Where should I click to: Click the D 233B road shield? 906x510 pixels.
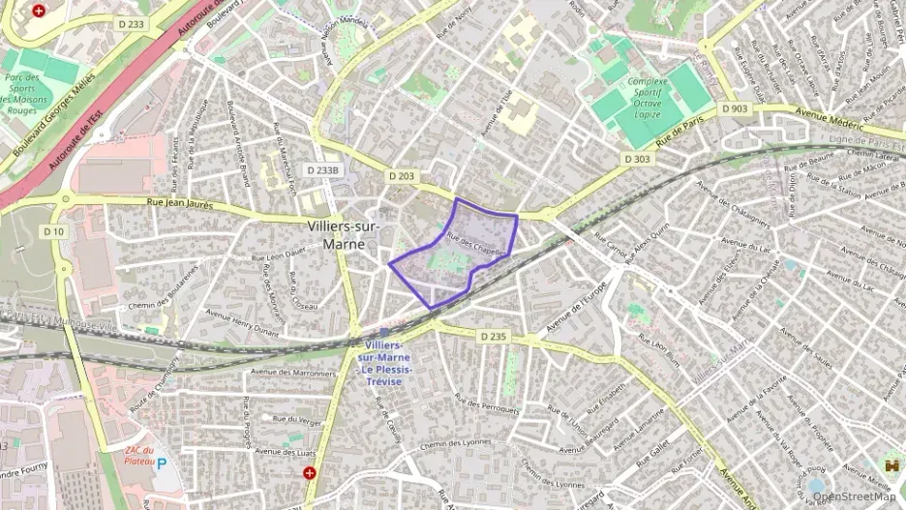click(323, 170)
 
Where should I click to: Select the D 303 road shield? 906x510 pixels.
click(637, 158)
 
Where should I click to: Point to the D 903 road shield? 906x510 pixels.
click(735, 109)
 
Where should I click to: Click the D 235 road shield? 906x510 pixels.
click(493, 336)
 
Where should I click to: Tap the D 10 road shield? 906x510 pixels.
click(53, 232)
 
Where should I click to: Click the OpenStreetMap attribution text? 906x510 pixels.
click(855, 496)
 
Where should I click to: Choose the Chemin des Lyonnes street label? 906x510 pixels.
click(454, 444)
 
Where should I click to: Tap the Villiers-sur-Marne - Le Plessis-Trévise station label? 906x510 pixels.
click(384, 363)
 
